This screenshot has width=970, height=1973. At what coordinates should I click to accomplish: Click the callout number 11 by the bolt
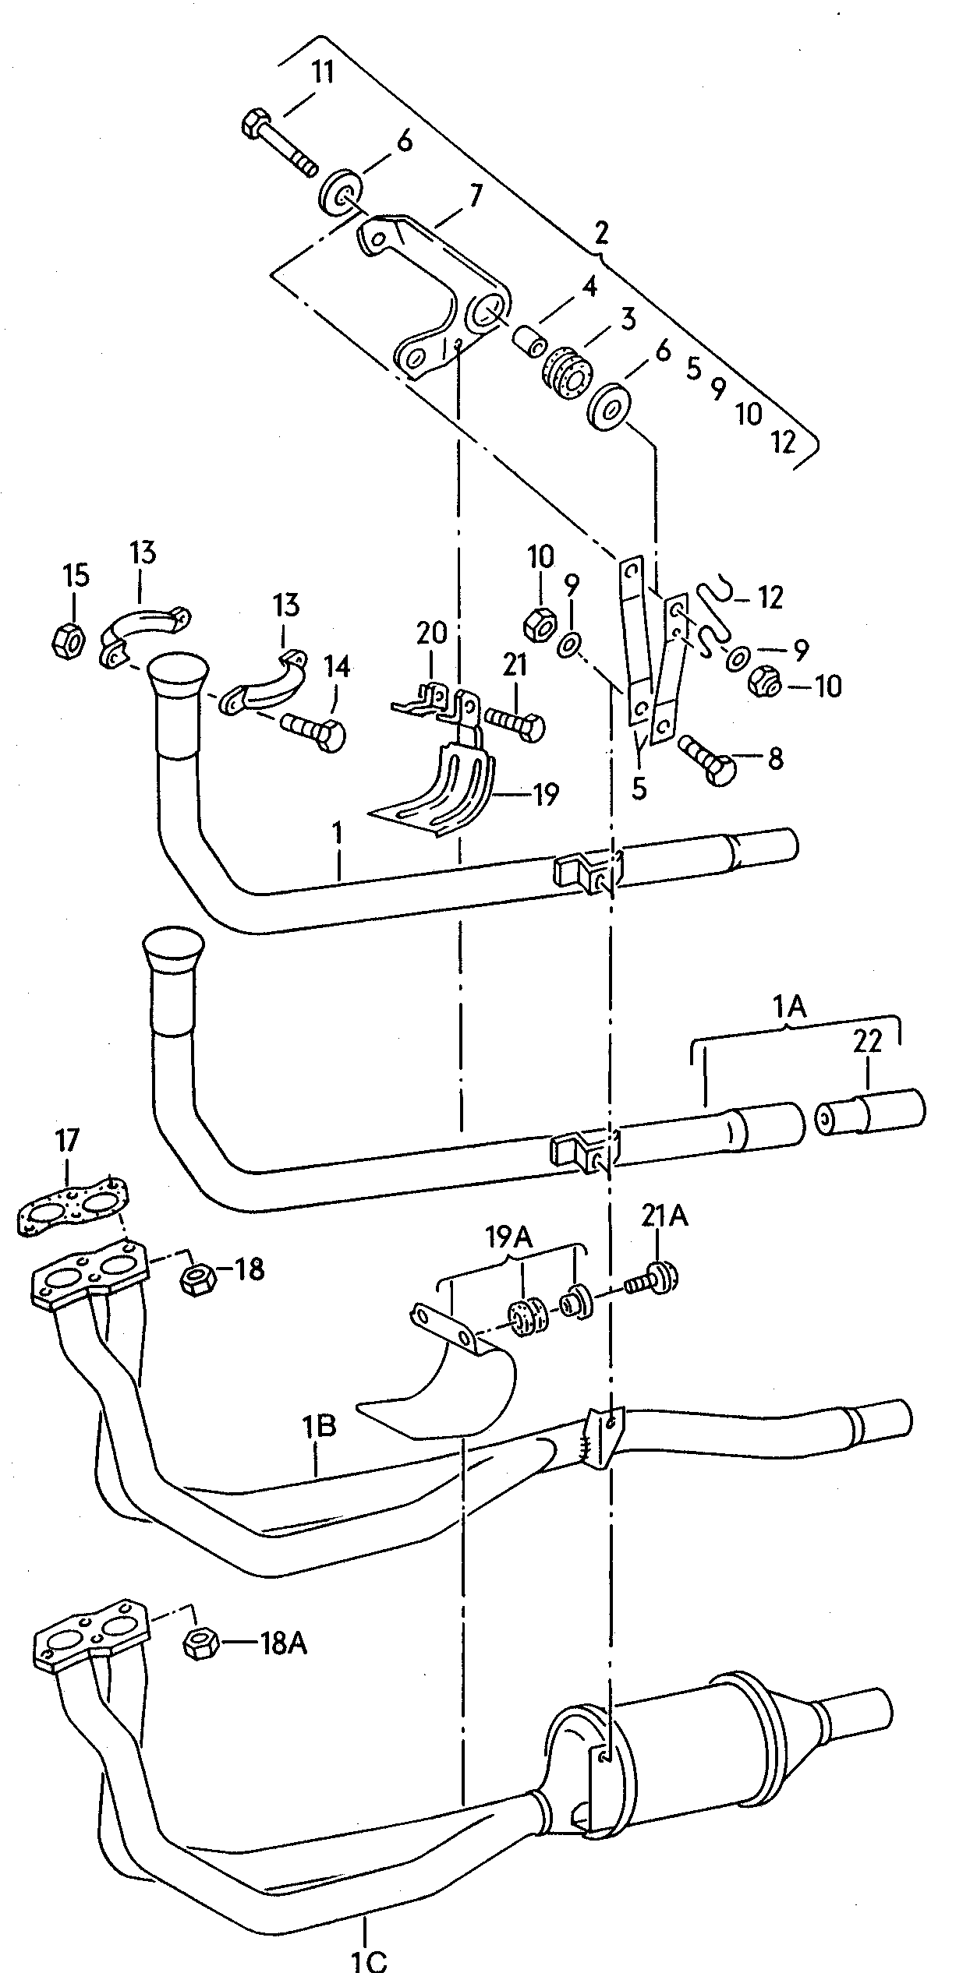point(323,73)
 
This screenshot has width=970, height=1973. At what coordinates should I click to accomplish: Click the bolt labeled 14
point(317,730)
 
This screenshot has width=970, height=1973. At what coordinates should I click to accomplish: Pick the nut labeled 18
point(198,1280)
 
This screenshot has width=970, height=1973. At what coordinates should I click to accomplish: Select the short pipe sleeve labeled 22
point(872,1116)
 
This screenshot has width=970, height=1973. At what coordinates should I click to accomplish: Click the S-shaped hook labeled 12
point(714,616)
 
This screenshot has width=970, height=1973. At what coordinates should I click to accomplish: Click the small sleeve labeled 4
point(530,340)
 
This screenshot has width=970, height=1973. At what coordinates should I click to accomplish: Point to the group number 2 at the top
point(600,232)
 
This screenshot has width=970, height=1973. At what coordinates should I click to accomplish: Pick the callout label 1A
point(790,1008)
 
